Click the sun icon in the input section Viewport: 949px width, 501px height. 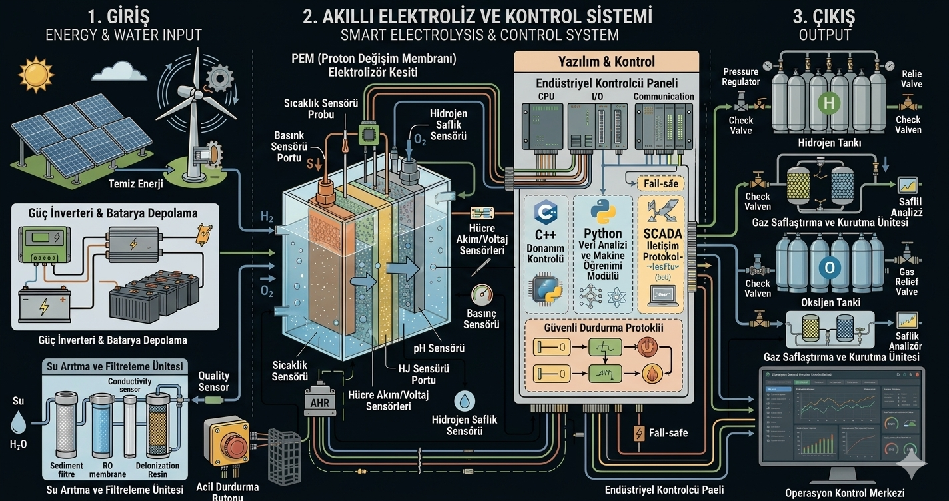pyautogui.click(x=35, y=74)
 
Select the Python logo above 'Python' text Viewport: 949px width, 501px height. pyautogui.click(x=603, y=212)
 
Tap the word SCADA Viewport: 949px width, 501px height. pyautogui.click(x=662, y=234)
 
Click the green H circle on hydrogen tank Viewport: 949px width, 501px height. pyautogui.click(x=829, y=103)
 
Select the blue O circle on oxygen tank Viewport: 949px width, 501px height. pyautogui.click(x=829, y=268)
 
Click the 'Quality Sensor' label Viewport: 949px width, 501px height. pyautogui.click(x=213, y=381)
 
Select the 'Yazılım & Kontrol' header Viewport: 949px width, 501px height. pyautogui.click(x=606, y=62)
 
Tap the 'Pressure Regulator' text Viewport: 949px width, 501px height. pyautogui.click(x=740, y=76)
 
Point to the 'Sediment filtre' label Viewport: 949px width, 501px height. pyautogui.click(x=67, y=470)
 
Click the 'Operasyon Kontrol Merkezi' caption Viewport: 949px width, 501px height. pyautogui.click(x=844, y=493)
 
